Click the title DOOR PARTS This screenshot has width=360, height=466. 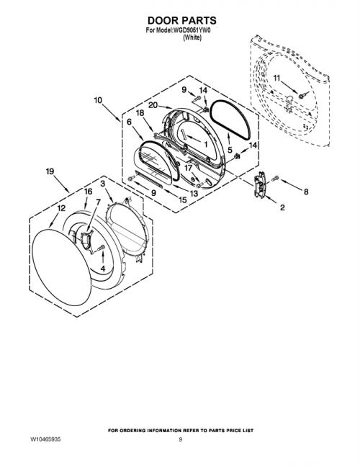pyautogui.click(x=181, y=20)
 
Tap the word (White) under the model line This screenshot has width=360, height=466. pyautogui.click(x=192, y=37)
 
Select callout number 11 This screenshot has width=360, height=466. pyautogui.click(x=276, y=79)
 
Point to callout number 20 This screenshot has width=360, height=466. pyautogui.click(x=153, y=105)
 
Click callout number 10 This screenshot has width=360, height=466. pyautogui.click(x=98, y=100)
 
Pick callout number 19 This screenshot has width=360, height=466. pyautogui.click(x=50, y=171)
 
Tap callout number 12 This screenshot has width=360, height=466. pyautogui.click(x=61, y=208)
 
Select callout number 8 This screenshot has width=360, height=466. pyautogui.click(x=306, y=192)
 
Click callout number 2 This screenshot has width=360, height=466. pyautogui.click(x=282, y=207)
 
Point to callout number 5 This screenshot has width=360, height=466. pyautogui.click(x=230, y=150)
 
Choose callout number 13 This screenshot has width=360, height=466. pyautogui.click(x=194, y=194)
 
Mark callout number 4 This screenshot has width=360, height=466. pyautogui.click(x=103, y=269)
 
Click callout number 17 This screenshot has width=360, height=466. pyautogui.click(x=189, y=168)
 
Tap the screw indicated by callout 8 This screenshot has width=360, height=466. pyautogui.click(x=275, y=179)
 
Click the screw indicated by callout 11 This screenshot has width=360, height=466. pyautogui.click(x=302, y=96)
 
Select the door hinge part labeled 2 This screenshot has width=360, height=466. pyautogui.click(x=259, y=184)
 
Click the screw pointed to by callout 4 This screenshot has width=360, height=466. pyautogui.click(x=101, y=247)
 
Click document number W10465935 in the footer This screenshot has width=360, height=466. pyautogui.click(x=45, y=439)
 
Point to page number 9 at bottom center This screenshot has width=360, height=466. pyautogui.click(x=180, y=439)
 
